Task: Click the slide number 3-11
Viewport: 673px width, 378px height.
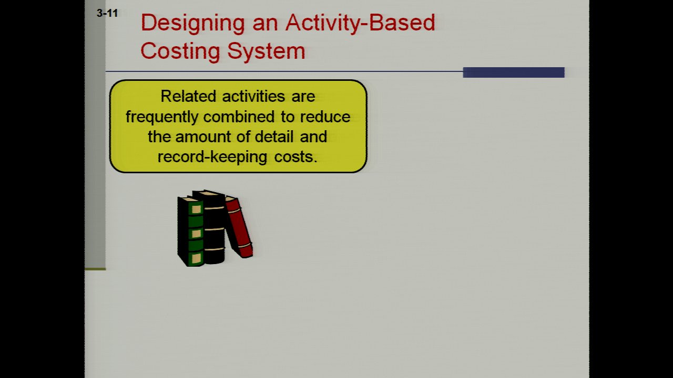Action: (107, 13)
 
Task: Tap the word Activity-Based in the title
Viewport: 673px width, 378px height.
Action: (360, 23)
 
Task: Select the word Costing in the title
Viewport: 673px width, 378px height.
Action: (180, 51)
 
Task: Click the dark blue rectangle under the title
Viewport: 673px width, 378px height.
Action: (514, 72)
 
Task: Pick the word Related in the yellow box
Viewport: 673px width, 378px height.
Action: (188, 96)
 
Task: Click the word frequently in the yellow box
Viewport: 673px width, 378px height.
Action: (161, 117)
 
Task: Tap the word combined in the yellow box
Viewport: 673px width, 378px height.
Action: (239, 117)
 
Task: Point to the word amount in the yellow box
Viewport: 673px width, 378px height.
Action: (203, 137)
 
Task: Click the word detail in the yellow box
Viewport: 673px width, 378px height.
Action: (274, 136)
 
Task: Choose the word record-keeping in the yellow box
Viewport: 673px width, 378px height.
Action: (212, 157)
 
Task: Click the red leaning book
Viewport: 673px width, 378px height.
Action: (239, 227)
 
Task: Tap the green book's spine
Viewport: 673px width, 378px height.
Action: (196, 233)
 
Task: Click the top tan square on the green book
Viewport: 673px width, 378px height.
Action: (196, 209)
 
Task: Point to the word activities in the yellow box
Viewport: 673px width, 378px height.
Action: (253, 96)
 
